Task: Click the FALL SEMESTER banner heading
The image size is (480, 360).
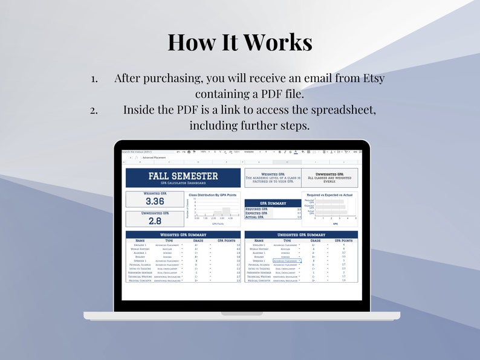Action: click(x=183, y=176)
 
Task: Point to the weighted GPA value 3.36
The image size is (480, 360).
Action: click(x=155, y=201)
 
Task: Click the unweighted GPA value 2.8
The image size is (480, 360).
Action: click(x=155, y=221)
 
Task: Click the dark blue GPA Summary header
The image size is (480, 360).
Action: click(x=273, y=204)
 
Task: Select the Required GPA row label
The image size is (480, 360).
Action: click(x=255, y=210)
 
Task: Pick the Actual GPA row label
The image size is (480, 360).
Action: click(x=255, y=217)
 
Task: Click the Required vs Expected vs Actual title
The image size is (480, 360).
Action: click(x=329, y=195)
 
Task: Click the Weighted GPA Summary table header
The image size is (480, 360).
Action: click(x=183, y=234)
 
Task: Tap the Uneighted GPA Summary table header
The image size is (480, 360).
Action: click(x=301, y=234)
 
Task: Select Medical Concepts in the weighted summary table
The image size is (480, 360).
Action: click(x=140, y=280)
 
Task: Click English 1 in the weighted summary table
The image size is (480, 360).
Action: click(x=140, y=245)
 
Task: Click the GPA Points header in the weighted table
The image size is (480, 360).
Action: click(x=225, y=240)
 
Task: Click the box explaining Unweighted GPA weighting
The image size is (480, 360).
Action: click(x=329, y=178)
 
